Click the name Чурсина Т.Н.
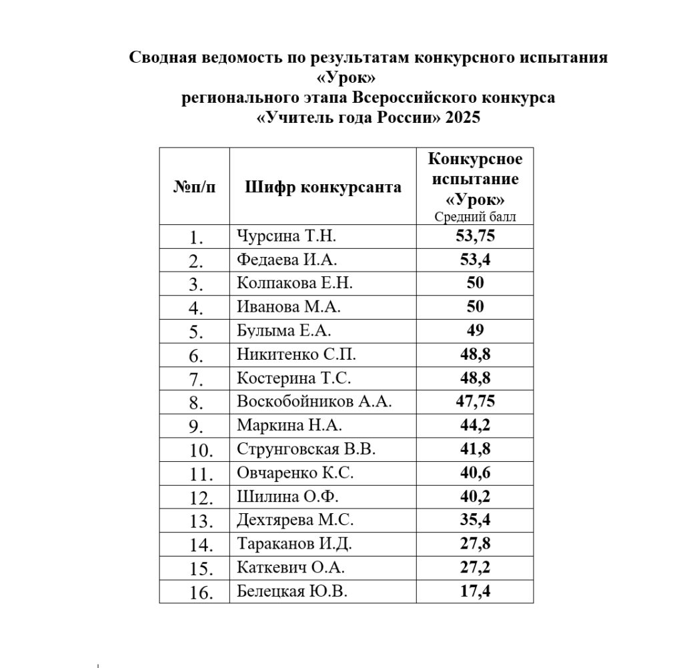287,236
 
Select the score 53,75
475,236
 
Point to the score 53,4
475,260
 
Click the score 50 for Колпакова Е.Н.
475,283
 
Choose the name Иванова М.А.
289,307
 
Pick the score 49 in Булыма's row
475,330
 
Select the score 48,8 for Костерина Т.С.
475,378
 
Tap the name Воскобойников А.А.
314,402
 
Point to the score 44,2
475,425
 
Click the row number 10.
201,450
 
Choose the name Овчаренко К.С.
295,472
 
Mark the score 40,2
475,496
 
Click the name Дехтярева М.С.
295,520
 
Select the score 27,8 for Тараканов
475,544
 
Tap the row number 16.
201,592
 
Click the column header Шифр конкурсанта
323,186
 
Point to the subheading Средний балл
475,216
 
